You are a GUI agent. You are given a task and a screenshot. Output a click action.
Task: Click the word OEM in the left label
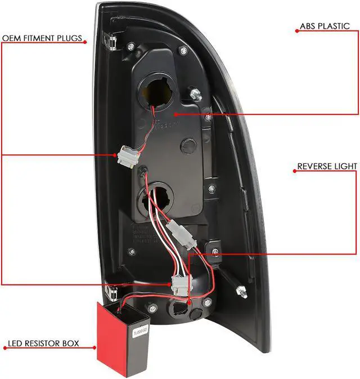pyautogui.click(x=11, y=39)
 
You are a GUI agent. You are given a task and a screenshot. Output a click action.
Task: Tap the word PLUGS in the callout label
pyautogui.click(x=70, y=39)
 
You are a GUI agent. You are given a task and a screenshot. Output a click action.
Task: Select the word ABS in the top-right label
pyautogui.click(x=307, y=26)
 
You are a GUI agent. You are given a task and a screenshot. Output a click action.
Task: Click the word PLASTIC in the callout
pyautogui.click(x=336, y=26)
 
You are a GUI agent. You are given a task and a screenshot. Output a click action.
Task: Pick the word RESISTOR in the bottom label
pyautogui.click(x=45, y=343)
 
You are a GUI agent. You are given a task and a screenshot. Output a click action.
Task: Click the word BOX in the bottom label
pyautogui.click(x=71, y=343)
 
